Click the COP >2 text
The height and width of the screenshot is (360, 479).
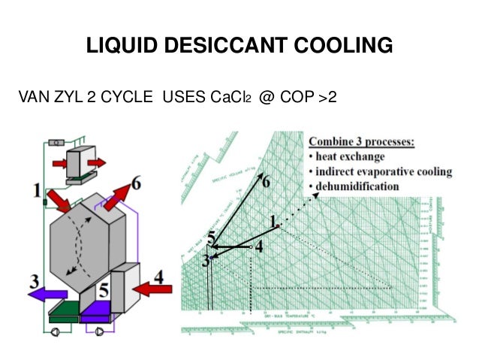[x=309, y=99]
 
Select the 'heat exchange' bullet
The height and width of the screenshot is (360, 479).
[x=351, y=157]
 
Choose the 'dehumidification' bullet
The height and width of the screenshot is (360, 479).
[x=360, y=186]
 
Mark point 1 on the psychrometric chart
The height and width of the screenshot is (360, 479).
[x=277, y=225]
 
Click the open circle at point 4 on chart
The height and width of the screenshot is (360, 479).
[x=251, y=246]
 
